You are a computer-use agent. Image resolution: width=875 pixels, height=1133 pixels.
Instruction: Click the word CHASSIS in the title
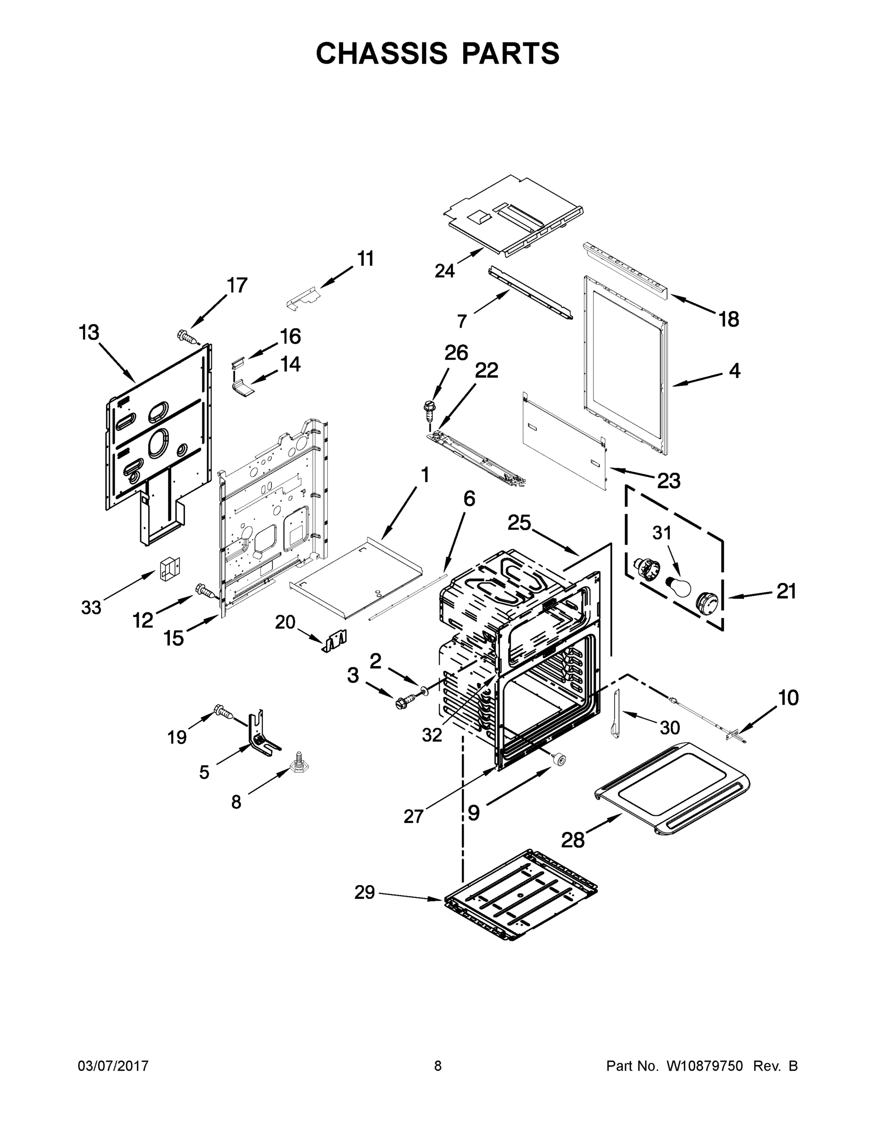tap(382, 53)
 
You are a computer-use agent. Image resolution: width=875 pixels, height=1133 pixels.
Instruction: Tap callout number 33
tap(91, 608)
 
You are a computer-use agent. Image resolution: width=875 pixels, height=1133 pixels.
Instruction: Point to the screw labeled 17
tap(188, 338)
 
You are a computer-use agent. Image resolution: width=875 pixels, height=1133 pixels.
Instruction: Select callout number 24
tap(444, 271)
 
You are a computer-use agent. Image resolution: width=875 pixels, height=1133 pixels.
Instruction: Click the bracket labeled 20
tap(335, 641)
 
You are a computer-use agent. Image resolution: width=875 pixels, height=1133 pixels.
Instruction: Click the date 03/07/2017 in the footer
tap(113, 1066)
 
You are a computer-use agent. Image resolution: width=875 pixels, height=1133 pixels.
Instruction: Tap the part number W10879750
tap(704, 1066)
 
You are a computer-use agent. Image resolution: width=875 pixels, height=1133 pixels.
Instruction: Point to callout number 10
tap(788, 698)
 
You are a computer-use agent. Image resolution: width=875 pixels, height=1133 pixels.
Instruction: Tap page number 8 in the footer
tap(438, 1066)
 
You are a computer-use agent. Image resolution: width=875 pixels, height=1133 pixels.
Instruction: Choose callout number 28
tap(573, 839)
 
